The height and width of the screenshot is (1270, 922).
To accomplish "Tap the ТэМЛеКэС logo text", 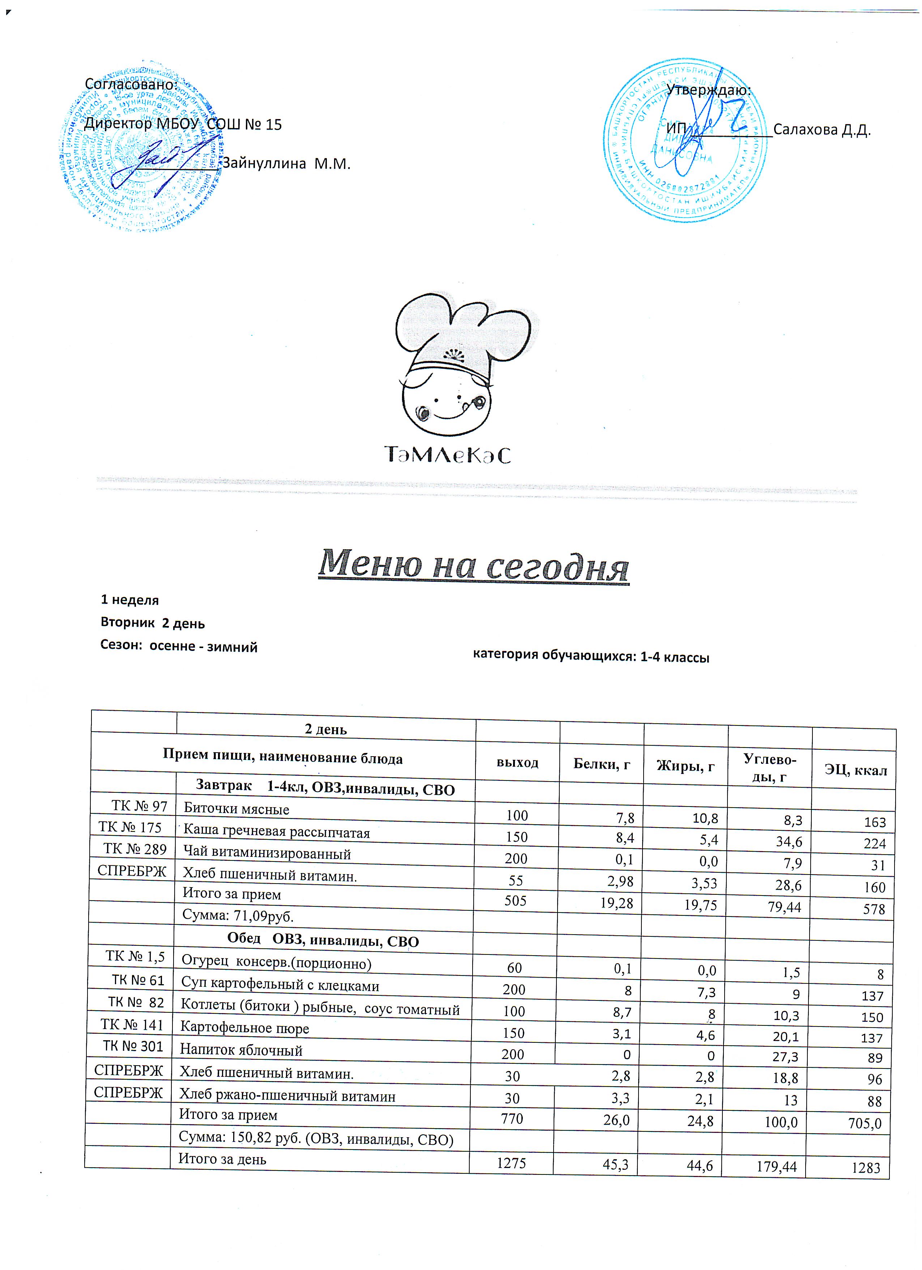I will pos(448,455).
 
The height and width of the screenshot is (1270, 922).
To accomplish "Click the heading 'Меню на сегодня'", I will pos(473,564).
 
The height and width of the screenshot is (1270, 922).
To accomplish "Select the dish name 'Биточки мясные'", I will pos(236,809).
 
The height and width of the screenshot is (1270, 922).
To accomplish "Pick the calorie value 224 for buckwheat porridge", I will pos(874,844).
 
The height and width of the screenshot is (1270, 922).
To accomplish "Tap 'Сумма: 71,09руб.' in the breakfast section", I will pos(238,916).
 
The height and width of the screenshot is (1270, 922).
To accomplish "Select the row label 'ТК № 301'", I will pos(133,1046).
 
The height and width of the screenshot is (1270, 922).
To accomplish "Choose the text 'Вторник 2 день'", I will pos(153,623).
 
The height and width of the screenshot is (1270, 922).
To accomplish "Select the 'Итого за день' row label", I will pos(222,1159).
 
